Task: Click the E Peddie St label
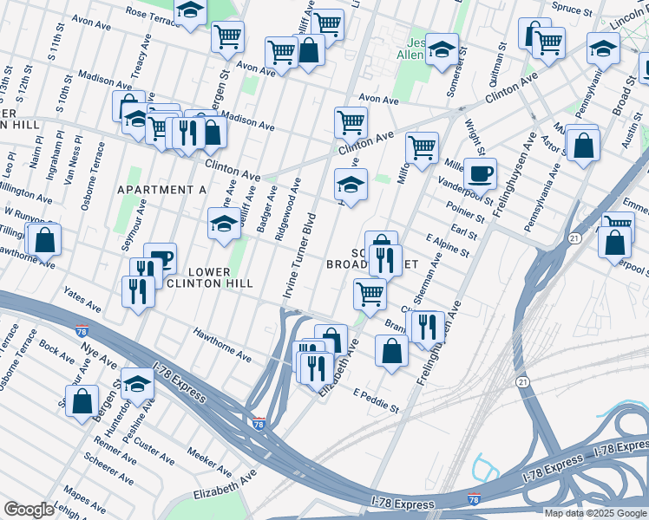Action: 376,400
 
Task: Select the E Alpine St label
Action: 447,245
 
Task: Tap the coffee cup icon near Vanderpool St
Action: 480,173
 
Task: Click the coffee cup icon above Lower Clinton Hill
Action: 160,258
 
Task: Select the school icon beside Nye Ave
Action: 137,384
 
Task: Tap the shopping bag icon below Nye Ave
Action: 82,402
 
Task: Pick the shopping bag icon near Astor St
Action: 584,146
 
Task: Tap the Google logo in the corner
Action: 29,510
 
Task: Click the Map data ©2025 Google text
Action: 594,513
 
